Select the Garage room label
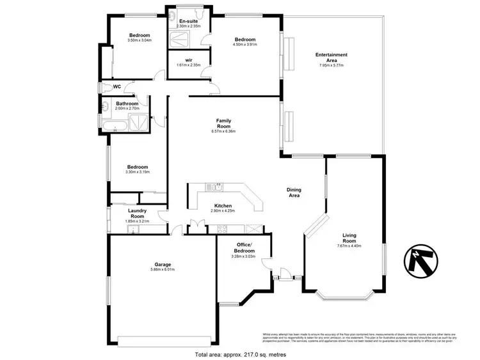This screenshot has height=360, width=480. (x=162, y=264)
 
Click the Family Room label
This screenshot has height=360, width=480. (x=223, y=123)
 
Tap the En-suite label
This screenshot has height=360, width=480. (x=188, y=22)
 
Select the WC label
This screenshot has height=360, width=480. (x=117, y=88)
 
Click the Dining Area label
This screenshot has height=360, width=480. (x=294, y=192)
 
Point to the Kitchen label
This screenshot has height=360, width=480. (x=223, y=205)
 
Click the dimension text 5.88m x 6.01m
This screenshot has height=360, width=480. (x=162, y=270)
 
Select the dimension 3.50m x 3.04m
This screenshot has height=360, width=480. (x=140, y=41)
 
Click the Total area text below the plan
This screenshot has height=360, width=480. (x=240, y=354)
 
